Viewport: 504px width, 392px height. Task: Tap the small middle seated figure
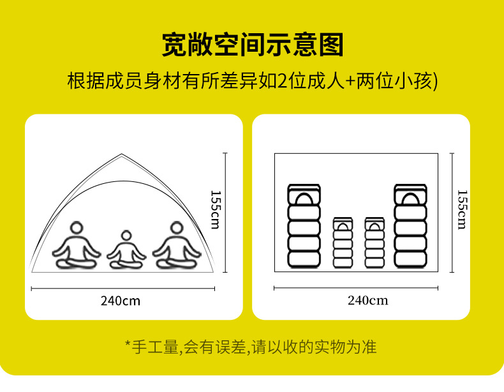pos(126,250)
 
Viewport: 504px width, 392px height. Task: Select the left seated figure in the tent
pos(77,246)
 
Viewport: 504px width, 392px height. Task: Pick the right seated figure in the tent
pos(176,246)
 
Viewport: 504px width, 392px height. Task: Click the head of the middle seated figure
pos(126,237)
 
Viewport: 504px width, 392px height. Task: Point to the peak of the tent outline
pos(122,155)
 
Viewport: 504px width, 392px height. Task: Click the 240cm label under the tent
pos(120,301)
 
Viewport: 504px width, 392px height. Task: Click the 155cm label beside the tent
pos(215,209)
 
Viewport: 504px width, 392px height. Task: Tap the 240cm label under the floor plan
pos(367,301)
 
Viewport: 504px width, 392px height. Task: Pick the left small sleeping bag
pos(343,243)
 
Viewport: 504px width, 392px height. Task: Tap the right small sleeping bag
pos(374,243)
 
